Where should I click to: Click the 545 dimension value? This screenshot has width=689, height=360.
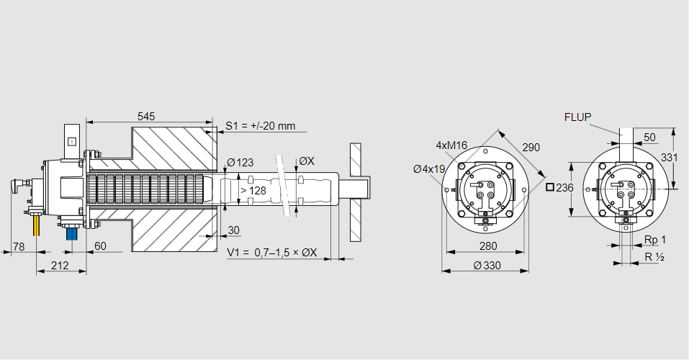pos(146,116)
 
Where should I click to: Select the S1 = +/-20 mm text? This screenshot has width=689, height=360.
pos(260,126)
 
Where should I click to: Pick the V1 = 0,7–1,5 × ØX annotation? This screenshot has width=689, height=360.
pos(276,252)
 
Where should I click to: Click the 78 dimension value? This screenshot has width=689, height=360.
pos(19,246)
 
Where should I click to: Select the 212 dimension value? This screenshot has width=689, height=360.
pos(60,266)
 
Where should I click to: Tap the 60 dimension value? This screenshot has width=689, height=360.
pos(100,246)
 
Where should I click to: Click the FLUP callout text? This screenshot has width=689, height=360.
pos(577,117)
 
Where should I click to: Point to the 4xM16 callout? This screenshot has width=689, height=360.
pos(451,145)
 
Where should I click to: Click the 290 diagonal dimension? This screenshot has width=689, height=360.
pos(531,148)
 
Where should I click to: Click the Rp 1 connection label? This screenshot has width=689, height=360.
pos(654,240)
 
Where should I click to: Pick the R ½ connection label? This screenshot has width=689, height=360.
pos(654,257)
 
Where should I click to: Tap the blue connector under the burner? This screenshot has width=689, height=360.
pos(71,233)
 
